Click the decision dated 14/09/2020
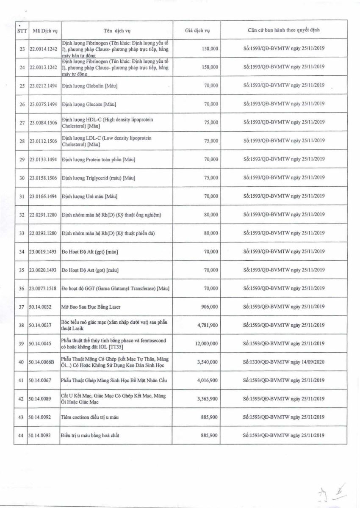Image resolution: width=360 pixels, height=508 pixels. click(284, 362)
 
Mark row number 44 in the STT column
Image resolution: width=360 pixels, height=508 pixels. click(22, 435)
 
